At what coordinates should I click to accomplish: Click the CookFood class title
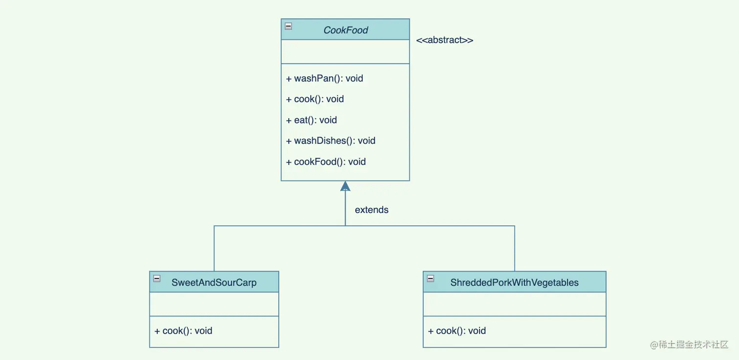346,30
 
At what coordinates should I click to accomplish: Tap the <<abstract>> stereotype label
444,40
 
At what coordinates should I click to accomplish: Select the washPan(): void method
325,79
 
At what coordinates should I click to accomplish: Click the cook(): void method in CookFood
315,99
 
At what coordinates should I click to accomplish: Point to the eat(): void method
311,120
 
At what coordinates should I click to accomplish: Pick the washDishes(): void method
330,141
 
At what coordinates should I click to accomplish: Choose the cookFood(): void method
326,162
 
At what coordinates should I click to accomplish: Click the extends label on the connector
371,210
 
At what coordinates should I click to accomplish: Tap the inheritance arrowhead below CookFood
345,186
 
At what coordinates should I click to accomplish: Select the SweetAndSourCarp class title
214,282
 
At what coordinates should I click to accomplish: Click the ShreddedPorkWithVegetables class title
514,282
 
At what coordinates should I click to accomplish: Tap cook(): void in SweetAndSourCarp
183,331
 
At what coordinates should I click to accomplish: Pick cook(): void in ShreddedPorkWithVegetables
456,331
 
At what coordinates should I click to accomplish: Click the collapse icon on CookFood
288,26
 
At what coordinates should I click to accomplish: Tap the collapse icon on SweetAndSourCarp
157,278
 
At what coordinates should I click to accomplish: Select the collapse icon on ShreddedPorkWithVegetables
430,278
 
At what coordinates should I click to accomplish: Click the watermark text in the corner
689,344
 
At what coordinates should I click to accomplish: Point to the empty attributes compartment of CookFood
345,52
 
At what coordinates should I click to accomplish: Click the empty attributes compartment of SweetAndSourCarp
214,304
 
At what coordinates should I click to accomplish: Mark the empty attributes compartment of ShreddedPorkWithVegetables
514,304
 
